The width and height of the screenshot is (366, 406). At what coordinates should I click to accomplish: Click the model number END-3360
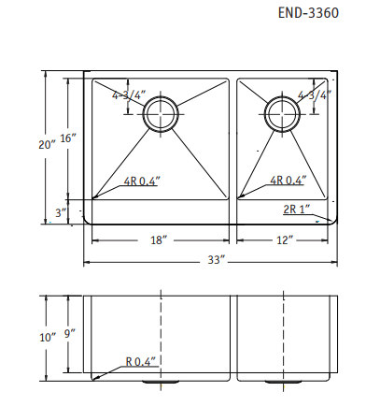point(309,15)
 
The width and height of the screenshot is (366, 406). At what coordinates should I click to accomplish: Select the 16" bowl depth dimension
point(67,138)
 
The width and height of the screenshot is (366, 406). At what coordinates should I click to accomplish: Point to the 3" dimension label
point(62,213)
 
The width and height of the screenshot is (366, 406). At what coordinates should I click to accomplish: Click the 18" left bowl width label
point(159,240)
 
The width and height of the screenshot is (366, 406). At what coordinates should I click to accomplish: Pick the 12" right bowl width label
point(285,240)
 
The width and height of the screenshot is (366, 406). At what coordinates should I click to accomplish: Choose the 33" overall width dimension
point(218,259)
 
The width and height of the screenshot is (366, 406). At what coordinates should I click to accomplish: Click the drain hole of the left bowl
point(161,113)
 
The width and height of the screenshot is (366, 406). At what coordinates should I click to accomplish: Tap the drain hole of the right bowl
point(282,113)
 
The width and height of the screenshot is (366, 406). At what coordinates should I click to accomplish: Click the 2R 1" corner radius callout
point(296,210)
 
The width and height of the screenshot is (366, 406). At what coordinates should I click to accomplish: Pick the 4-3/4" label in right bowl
point(313,95)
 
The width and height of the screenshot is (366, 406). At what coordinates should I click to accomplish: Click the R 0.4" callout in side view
point(141,361)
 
